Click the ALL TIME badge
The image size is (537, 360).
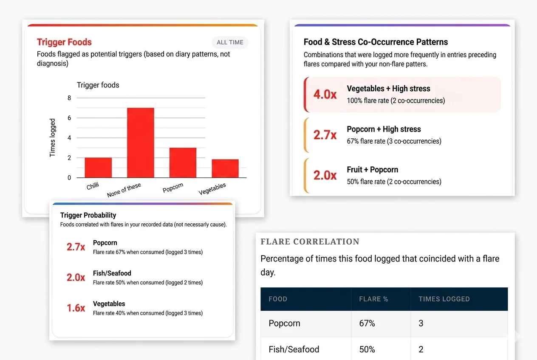230,42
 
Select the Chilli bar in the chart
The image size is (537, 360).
98,167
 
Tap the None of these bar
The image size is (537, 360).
141,143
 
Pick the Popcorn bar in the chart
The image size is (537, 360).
183,163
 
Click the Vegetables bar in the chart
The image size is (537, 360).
225,169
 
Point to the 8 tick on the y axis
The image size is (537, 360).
69,98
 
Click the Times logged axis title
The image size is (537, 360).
52,138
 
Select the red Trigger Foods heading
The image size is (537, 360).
64,42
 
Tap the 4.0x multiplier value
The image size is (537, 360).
325,94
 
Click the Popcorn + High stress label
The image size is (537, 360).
384,129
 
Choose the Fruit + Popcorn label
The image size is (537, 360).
373,169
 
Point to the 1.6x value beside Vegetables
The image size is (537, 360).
76,308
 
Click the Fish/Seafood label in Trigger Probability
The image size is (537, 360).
112,273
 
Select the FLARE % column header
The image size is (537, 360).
373,299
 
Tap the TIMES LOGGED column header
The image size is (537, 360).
444,299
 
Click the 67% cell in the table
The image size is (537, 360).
367,323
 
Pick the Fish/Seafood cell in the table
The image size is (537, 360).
294,349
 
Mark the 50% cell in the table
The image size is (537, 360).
367,349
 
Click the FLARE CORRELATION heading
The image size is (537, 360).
310,242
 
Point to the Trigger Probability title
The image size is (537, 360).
88,215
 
